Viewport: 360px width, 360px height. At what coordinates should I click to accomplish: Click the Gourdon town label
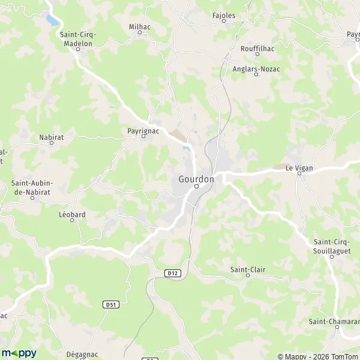(x=196, y=178)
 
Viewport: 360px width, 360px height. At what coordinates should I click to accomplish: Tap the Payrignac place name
(x=143, y=130)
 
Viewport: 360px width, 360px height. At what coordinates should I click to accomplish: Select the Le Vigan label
(x=298, y=169)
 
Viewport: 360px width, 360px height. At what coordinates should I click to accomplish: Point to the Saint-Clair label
(x=247, y=269)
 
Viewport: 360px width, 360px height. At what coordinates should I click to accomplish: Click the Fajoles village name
(x=224, y=14)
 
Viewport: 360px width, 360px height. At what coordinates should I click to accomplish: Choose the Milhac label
(x=140, y=26)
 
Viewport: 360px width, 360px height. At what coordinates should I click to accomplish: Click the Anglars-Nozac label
(x=256, y=69)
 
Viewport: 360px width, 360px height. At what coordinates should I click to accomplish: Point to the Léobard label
(x=72, y=214)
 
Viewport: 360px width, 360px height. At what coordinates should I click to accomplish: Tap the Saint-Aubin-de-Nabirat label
(x=32, y=187)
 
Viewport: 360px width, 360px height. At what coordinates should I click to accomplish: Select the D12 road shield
(x=173, y=273)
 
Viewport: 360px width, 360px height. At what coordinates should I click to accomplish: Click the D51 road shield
(x=110, y=304)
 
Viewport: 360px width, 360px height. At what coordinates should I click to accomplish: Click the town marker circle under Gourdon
(x=196, y=187)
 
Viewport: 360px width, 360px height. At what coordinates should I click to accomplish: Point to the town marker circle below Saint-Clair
(x=247, y=275)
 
